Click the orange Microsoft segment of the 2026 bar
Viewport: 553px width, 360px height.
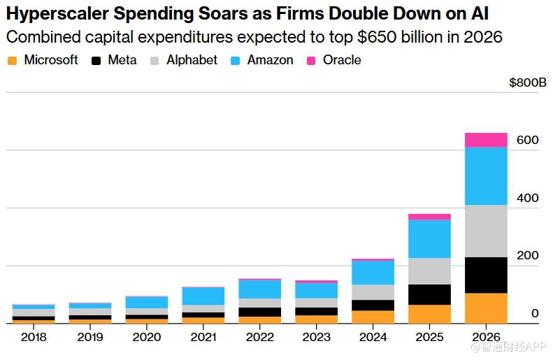coord(486,308)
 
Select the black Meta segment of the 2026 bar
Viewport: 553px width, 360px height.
coord(486,275)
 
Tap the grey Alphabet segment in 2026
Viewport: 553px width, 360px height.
coord(486,231)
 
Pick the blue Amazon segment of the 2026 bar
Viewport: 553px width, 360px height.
coord(486,175)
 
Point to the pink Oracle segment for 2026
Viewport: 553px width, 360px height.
coord(486,140)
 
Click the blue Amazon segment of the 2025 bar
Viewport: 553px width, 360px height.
coord(430,238)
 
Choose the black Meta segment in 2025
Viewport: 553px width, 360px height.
coord(430,294)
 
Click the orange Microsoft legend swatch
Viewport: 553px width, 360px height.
coord(12,61)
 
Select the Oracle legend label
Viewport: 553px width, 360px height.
coord(342,60)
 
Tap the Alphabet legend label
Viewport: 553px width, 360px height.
coord(192,60)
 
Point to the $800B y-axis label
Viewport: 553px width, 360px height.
coord(528,82)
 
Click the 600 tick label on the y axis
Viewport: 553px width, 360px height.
coord(528,141)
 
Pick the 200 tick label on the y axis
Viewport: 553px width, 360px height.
coord(528,256)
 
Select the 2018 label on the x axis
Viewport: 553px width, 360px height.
coord(34,338)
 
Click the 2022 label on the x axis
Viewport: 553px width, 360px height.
coord(260,338)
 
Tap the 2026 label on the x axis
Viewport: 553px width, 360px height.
coord(486,338)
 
